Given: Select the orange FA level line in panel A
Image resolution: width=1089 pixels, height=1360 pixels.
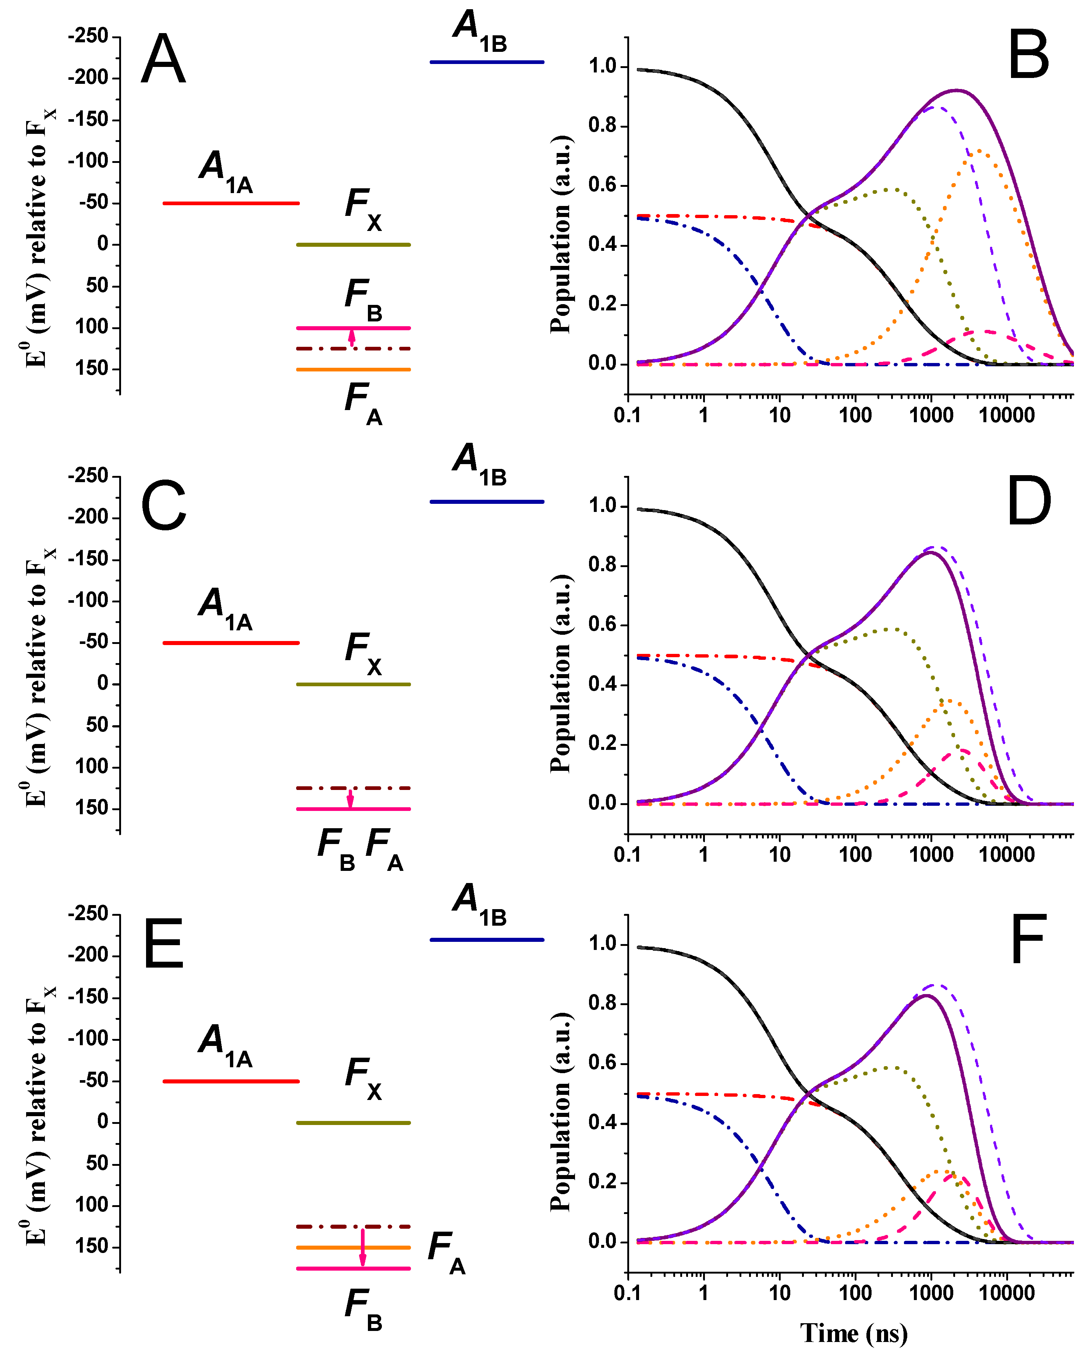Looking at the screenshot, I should (353, 370).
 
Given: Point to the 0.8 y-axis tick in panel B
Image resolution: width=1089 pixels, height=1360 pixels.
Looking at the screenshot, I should (603, 125).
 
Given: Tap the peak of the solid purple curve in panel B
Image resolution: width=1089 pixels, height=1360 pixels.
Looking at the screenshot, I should (957, 90).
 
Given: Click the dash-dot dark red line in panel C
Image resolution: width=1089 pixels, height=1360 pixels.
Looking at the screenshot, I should (353, 788).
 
